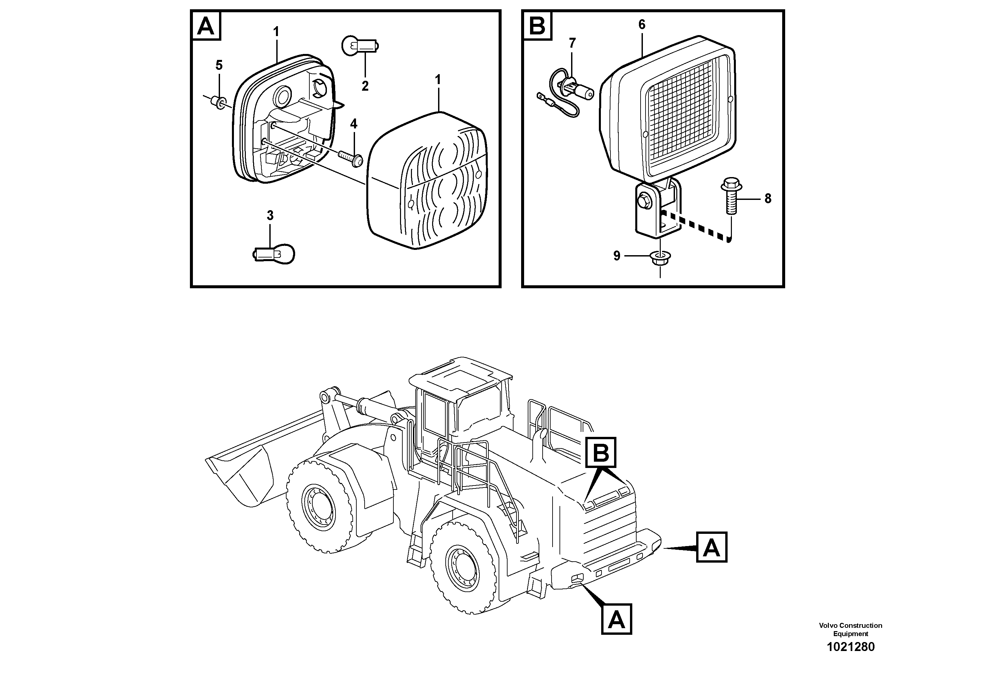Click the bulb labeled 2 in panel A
[x=360, y=45]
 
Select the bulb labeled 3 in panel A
[x=273, y=254]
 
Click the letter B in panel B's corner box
[x=537, y=26]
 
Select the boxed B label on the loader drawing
[x=601, y=452]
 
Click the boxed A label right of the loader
[x=712, y=547]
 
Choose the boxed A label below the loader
[x=616, y=619]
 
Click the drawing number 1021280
[x=850, y=659]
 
